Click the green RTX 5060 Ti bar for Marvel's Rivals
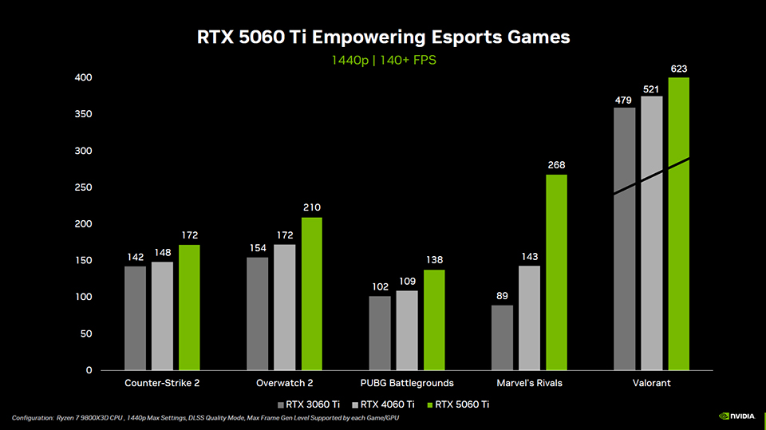coord(556,272)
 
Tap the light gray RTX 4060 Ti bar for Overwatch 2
coord(285,307)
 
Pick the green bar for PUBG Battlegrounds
coord(434,320)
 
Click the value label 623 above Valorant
coord(678,69)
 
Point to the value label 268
coord(556,165)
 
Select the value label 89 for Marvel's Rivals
coord(502,296)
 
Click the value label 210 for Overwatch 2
coord(312,207)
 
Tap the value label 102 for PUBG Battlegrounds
coord(381,287)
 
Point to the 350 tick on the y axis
coord(83,114)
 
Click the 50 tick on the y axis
coord(86,333)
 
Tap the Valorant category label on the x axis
coord(651,383)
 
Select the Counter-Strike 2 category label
coord(162,383)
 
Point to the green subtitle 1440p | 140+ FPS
coord(384,60)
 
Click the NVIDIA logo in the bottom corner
coord(736,415)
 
